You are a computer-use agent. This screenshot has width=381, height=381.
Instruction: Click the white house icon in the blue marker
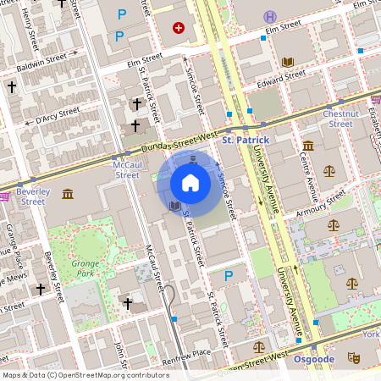(190, 183)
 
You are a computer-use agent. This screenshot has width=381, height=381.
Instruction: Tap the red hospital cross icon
(178, 28)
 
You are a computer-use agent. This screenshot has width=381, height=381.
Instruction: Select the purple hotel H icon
(270, 16)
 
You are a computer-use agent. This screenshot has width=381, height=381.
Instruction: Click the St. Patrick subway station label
(245, 139)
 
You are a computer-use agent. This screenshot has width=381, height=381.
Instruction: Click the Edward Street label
(283, 78)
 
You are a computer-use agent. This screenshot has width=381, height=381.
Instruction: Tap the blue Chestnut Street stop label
(340, 119)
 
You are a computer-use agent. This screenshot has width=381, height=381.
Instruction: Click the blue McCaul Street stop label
(126, 170)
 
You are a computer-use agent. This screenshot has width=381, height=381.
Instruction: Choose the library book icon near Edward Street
(288, 62)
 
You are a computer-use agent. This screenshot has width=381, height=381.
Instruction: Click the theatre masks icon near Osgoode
(355, 359)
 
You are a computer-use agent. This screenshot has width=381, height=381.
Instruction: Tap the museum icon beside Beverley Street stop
(68, 195)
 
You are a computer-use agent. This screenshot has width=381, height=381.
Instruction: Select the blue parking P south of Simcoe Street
(228, 275)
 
